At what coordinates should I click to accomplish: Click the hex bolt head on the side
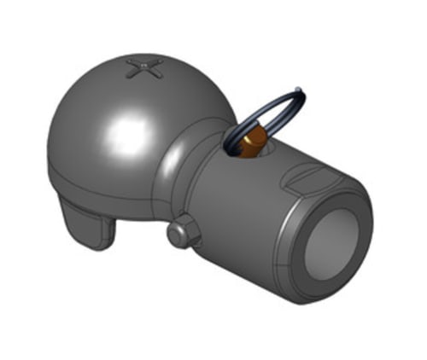coord(180,233)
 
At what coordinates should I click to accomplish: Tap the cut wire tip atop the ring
coord(297,87)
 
